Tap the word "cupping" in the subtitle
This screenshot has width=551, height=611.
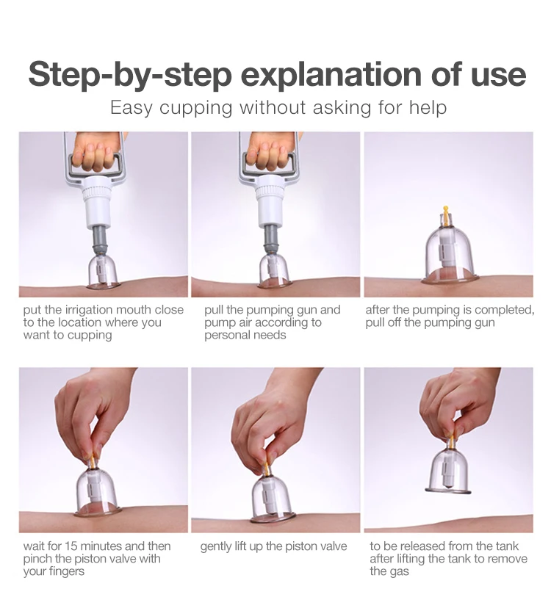[x=195, y=108]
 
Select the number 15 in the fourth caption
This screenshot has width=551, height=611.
[x=71, y=546]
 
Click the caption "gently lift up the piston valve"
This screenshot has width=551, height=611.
[x=273, y=546]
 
